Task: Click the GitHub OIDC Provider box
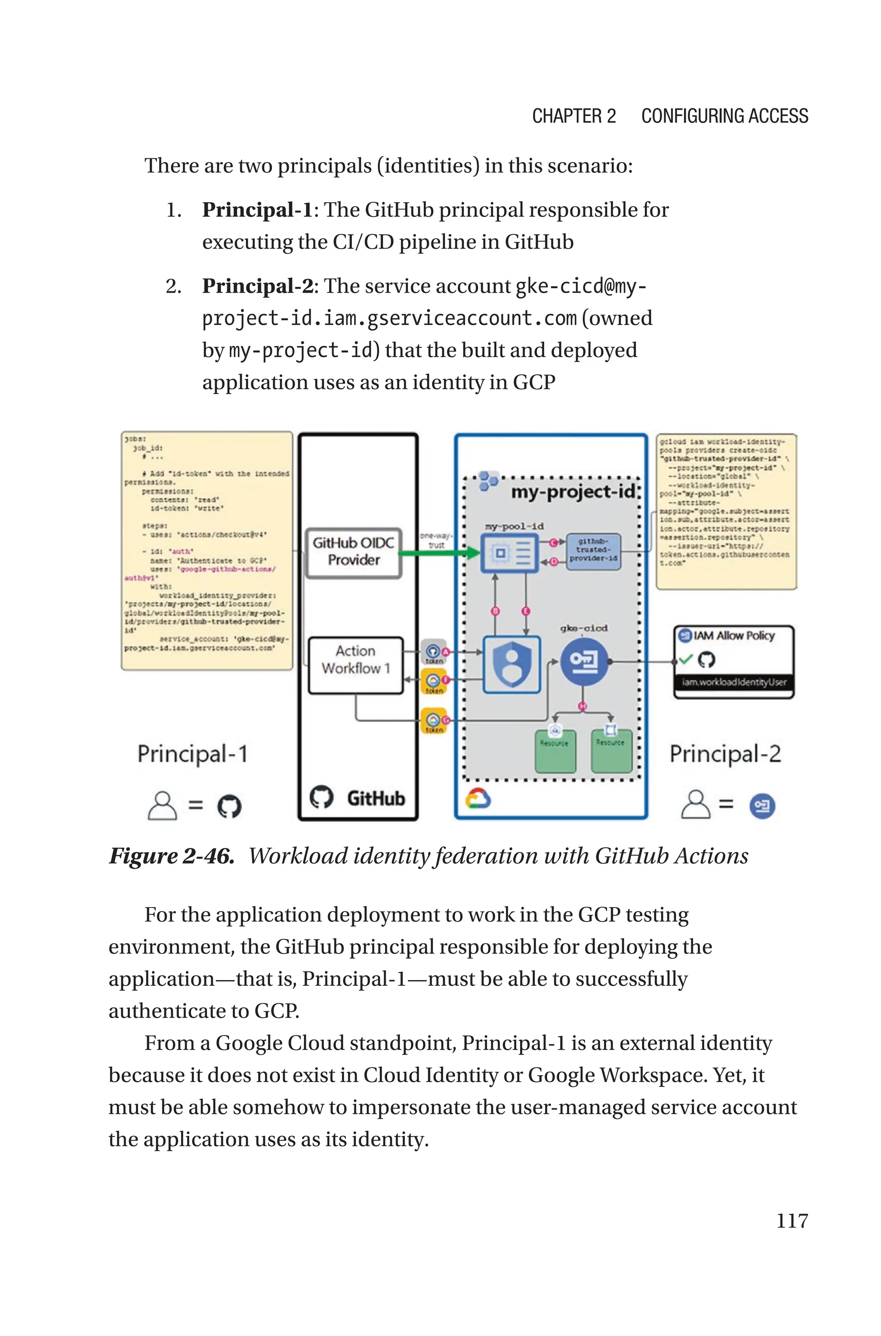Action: (354, 552)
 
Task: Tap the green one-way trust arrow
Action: (439, 553)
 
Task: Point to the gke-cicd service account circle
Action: (584, 661)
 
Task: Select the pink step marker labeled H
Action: (582, 706)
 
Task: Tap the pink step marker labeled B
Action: (495, 611)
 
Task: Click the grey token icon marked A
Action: (433, 652)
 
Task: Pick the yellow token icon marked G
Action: (433, 721)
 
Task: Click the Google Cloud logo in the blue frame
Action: (478, 798)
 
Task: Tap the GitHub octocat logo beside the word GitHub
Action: (322, 797)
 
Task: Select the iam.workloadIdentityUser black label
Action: (734, 682)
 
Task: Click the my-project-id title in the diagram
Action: (573, 492)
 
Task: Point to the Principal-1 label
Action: (193, 754)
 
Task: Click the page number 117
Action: (792, 1220)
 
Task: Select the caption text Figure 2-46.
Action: (171, 856)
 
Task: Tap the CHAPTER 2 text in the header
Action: (574, 116)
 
